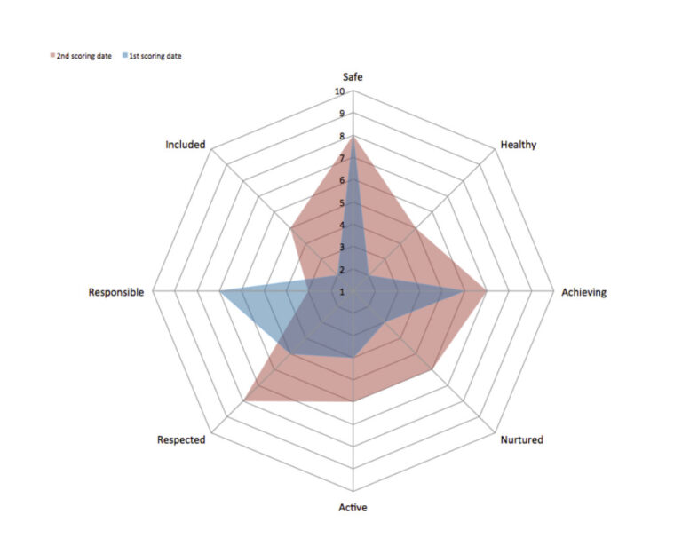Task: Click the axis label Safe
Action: (353, 77)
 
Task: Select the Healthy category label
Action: (518, 145)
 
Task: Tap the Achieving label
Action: (584, 292)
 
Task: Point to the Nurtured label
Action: (521, 439)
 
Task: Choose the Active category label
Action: (353, 508)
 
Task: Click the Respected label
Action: (181, 439)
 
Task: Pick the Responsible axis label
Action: (115, 292)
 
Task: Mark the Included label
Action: (186, 145)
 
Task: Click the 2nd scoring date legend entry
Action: (82, 56)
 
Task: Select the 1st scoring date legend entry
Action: (157, 56)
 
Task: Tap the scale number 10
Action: (340, 92)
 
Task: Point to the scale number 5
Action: (343, 203)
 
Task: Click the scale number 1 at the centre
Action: (343, 292)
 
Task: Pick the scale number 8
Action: (343, 137)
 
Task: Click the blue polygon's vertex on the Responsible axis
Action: (220, 291)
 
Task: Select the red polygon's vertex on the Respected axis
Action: (243, 401)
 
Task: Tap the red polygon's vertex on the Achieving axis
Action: (486, 291)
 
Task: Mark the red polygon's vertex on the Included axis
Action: (290, 229)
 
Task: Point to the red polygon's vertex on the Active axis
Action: (353, 401)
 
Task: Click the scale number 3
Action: (343, 248)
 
